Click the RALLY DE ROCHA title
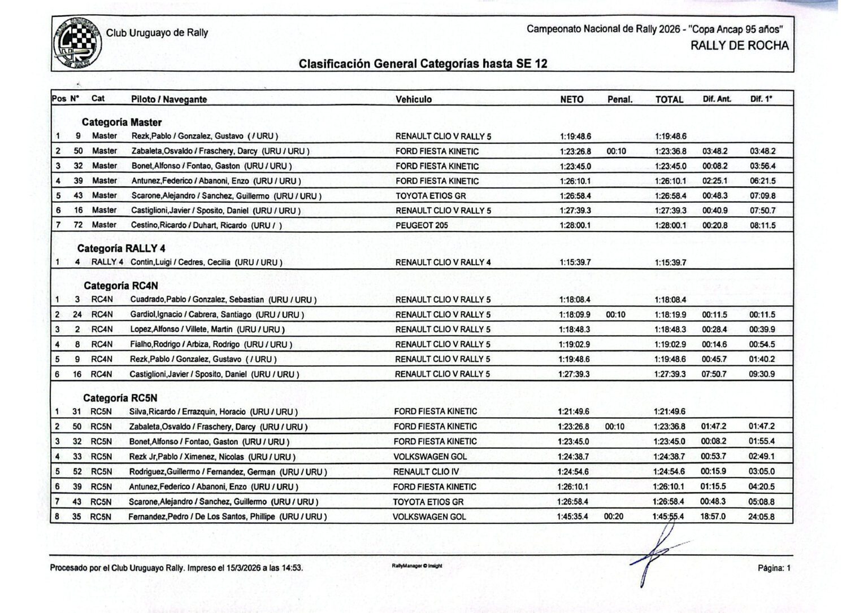739,46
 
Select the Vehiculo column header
414,99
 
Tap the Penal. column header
619,99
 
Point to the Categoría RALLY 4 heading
121,248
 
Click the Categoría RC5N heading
120,398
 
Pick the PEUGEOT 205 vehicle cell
422,225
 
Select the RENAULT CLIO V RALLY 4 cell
443,262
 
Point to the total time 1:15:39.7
670,262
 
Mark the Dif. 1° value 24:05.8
761,516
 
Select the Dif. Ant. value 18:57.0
713,516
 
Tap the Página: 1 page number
774,568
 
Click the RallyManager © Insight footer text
416,566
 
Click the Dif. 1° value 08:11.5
762,225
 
